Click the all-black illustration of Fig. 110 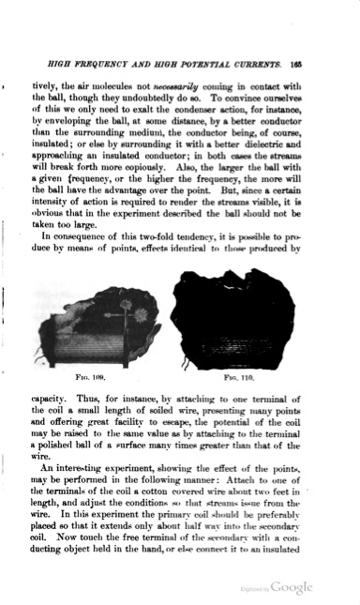click(x=234, y=319)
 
